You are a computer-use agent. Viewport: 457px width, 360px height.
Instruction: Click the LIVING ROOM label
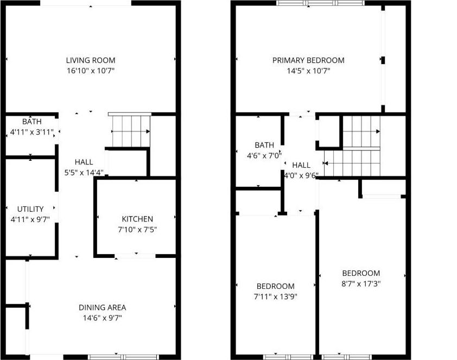[91, 60]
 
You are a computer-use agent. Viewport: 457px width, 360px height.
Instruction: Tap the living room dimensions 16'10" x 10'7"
[91, 71]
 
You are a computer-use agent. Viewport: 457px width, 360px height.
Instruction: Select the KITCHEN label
[137, 219]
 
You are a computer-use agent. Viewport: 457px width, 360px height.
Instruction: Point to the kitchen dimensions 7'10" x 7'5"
[137, 229]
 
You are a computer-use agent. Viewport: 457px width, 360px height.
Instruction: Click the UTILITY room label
[30, 209]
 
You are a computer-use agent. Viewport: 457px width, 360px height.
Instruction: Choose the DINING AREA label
[102, 307]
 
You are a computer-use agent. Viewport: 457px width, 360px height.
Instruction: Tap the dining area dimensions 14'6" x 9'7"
[102, 318]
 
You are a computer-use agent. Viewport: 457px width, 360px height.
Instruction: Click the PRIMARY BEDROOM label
[308, 60]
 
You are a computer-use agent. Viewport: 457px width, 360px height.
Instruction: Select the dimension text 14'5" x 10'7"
[308, 71]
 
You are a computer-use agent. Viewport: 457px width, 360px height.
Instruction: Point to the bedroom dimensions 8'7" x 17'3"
[361, 283]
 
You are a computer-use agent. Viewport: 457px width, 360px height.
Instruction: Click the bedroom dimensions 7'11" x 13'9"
[276, 296]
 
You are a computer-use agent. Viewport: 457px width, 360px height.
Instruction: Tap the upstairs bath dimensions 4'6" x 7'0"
[264, 155]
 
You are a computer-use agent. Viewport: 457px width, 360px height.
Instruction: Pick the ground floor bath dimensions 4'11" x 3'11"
[31, 131]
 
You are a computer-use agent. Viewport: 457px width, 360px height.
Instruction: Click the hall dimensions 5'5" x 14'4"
[84, 173]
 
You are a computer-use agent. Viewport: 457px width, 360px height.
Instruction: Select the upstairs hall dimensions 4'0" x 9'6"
[301, 175]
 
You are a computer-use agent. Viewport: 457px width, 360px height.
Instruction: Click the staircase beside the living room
[130, 131]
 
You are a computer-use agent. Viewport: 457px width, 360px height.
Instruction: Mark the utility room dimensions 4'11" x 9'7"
[30, 219]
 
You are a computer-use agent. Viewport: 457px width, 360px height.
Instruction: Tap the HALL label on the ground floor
[84, 162]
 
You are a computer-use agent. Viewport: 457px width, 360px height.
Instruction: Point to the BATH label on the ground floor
[31, 121]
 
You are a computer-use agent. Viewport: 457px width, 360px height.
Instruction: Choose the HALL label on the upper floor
[301, 165]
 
